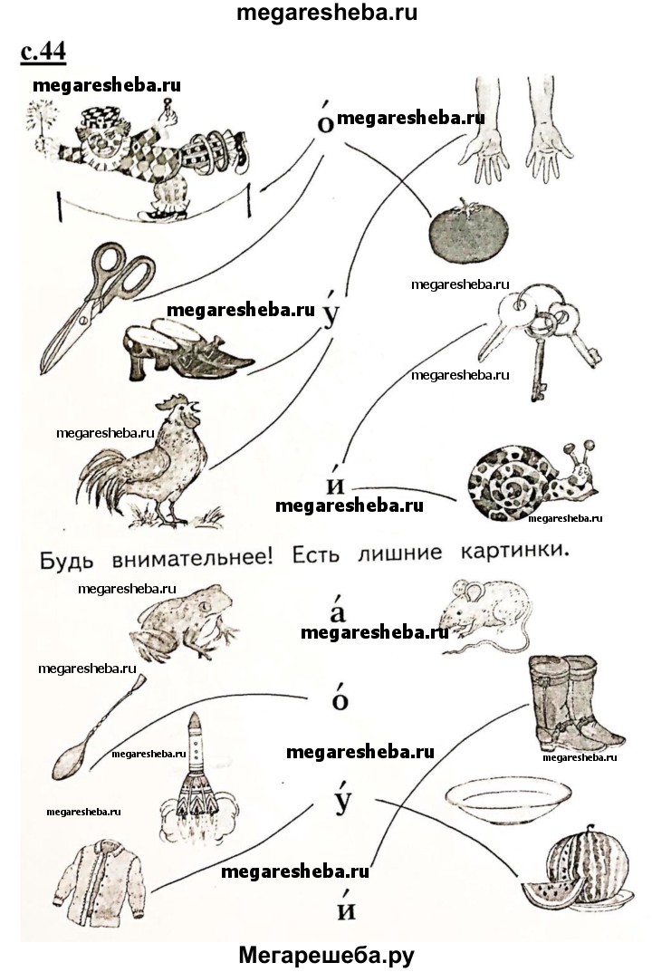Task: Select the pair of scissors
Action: pyautogui.click(x=98, y=305)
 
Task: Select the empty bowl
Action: pyautogui.click(x=508, y=800)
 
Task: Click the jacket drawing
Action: pyautogui.click(x=100, y=879)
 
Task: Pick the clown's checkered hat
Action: pyautogui.click(x=101, y=119)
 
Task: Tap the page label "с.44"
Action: pyautogui.click(x=43, y=52)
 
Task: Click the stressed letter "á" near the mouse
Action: pyautogui.click(x=337, y=610)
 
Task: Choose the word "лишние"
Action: pyautogui.click(x=400, y=553)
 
